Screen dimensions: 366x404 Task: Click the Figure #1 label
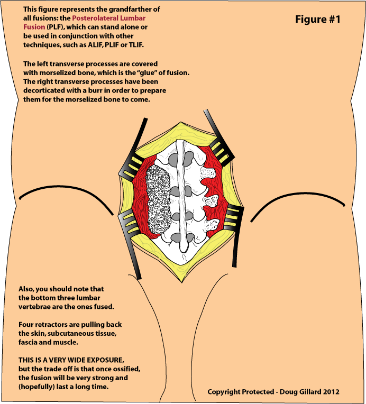click(317, 20)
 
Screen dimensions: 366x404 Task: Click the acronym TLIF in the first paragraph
click(136, 45)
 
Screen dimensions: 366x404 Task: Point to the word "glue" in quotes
click(148, 72)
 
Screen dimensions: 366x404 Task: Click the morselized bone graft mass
click(158, 200)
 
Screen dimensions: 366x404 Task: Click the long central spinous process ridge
click(181, 196)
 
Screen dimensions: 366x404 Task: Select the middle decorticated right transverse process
click(212, 200)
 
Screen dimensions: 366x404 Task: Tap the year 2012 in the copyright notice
click(331, 392)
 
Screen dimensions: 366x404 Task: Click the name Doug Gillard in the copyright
click(300, 392)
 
